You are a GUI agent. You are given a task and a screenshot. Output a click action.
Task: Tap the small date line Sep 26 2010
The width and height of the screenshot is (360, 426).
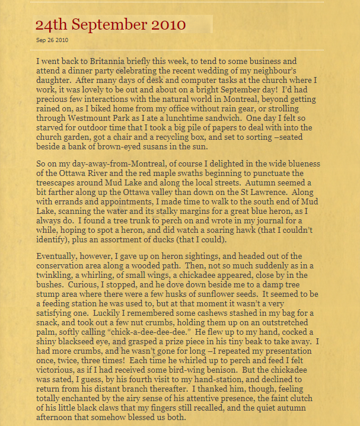52,40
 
